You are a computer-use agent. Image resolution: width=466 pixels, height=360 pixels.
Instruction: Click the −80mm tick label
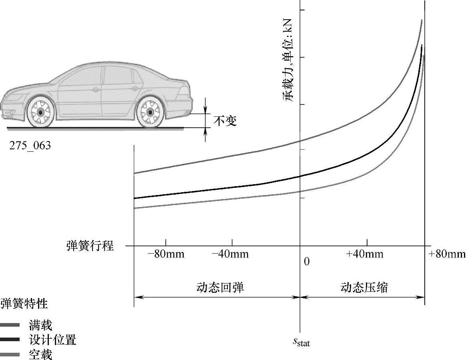(x=166, y=254)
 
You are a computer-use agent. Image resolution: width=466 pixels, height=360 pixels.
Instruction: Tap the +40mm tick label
(x=365, y=254)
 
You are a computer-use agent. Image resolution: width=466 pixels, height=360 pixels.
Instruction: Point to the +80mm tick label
(x=447, y=254)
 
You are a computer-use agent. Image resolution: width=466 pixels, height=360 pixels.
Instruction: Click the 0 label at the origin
(x=307, y=262)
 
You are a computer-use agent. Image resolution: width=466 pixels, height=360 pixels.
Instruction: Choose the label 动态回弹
(x=220, y=288)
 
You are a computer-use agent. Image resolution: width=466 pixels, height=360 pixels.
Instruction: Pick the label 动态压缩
(x=364, y=288)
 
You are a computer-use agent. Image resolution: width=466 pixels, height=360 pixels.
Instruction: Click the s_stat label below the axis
(x=300, y=342)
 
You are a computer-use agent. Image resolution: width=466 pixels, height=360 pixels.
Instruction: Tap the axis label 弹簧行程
(x=90, y=245)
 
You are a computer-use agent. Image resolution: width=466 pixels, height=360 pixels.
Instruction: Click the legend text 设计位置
(x=52, y=340)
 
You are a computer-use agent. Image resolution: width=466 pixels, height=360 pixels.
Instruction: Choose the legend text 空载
(x=40, y=354)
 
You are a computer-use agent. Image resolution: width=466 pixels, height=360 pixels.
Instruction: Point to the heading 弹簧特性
(x=24, y=304)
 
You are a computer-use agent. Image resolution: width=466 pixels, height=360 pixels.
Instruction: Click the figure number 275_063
(x=30, y=145)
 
